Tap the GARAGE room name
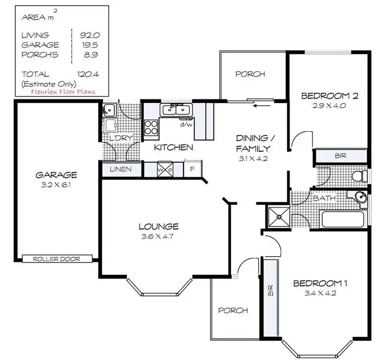coord(56,175)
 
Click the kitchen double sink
coord(176,109)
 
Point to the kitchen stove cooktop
coord(151,127)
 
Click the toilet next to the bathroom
coord(358,176)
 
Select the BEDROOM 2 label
coord(327,96)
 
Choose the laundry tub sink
coord(109,109)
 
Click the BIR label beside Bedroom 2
coord(340,156)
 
